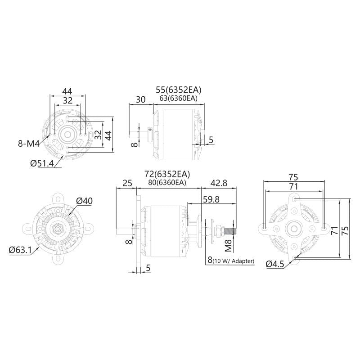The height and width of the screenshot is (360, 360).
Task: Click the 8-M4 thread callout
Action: (29, 144)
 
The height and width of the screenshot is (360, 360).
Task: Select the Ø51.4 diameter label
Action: (42, 163)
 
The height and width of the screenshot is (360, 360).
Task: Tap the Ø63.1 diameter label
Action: (20, 250)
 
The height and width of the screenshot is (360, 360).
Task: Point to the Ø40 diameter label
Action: (84, 201)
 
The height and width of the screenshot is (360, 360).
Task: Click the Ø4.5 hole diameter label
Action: (275, 264)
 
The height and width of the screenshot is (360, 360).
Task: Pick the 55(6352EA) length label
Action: (178, 90)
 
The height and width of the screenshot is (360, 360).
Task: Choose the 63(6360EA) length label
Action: (178, 98)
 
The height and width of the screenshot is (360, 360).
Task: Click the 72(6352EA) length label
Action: (167, 174)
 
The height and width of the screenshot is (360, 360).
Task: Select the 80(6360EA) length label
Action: (167, 183)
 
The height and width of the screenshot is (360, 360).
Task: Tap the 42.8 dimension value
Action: (219, 183)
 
